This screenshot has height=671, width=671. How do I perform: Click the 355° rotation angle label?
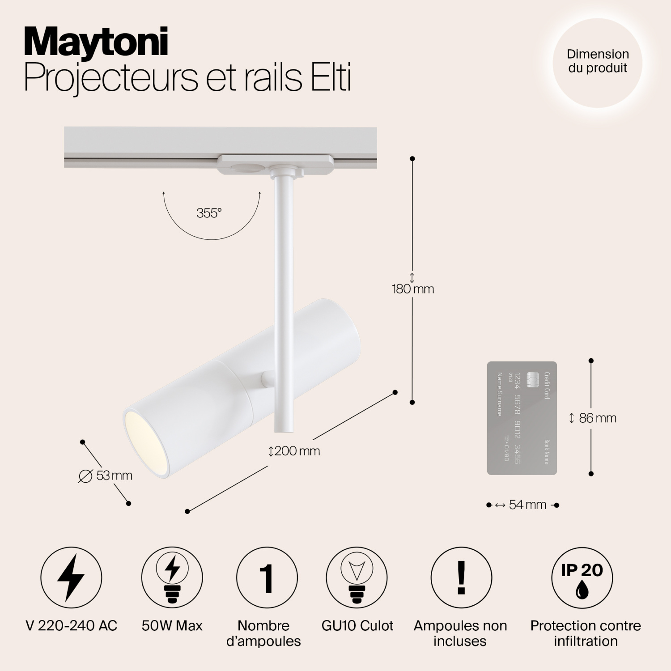coord(209,213)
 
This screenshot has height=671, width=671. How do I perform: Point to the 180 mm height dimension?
coord(413,289)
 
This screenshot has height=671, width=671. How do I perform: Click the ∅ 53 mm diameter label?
coord(106,476)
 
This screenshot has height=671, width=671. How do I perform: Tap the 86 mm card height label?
coord(593,418)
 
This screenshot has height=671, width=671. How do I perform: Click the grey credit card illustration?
coord(522,418)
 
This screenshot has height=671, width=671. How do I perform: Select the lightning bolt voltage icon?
coord(71,578)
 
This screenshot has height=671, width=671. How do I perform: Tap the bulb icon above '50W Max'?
coord(172,578)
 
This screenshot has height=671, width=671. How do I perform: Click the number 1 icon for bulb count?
coord(267,578)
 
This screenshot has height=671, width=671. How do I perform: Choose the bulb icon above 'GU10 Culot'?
coord(357,578)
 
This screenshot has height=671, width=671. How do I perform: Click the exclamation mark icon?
coord(461,578)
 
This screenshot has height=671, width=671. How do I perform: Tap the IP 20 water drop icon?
coord(582,578)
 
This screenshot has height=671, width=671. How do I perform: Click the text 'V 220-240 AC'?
coord(72,626)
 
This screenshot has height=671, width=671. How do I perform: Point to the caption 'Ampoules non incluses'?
coord(460,633)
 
